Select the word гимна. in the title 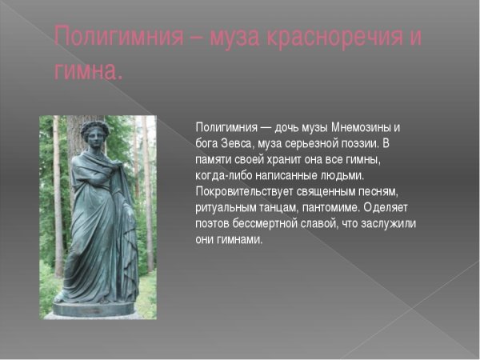coord(89,72)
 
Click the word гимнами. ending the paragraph coord(239,239)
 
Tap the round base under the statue coord(94,307)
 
